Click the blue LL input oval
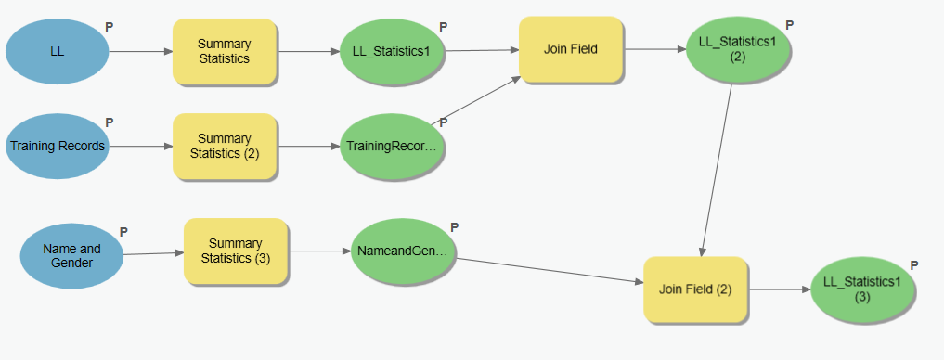click(57, 51)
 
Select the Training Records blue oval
click(57, 146)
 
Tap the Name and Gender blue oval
click(71, 255)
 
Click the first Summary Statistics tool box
click(224, 51)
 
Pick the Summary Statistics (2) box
click(224, 146)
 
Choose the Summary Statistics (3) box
click(236, 251)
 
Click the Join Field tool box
click(570, 49)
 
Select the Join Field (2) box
click(696, 289)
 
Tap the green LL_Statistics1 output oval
click(391, 51)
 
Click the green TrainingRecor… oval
click(391, 147)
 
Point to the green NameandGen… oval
click(402, 251)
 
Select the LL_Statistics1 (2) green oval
click(738, 49)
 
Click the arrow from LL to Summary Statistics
click(140, 51)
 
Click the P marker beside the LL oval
click(110, 27)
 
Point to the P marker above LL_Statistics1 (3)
click(914, 264)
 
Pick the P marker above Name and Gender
click(123, 231)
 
